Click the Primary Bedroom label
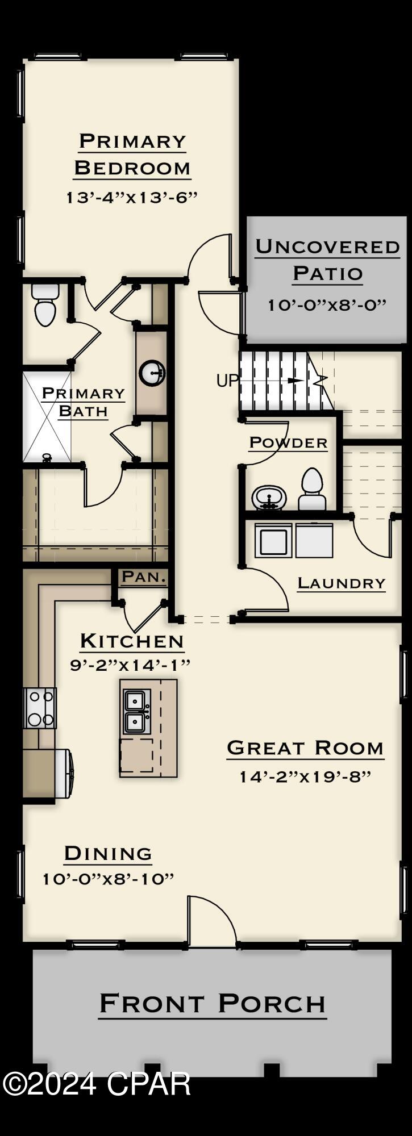tap(132, 154)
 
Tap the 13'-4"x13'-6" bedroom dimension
tap(132, 198)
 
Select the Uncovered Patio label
tap(327, 260)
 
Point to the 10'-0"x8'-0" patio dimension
tap(327, 304)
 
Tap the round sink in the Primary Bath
tap(152, 373)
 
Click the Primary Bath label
tap(83, 402)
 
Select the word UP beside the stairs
tap(227, 381)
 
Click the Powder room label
tap(288, 442)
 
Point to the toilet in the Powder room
tap(312, 490)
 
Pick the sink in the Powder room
tap(268, 498)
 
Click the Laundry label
tap(341, 583)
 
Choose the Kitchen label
tap(132, 641)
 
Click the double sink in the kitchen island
tap(137, 711)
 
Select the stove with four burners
tap(40, 708)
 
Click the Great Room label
tap(305, 748)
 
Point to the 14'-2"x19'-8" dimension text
tap(305, 776)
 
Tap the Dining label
tap(108, 853)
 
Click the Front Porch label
tap(213, 1004)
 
